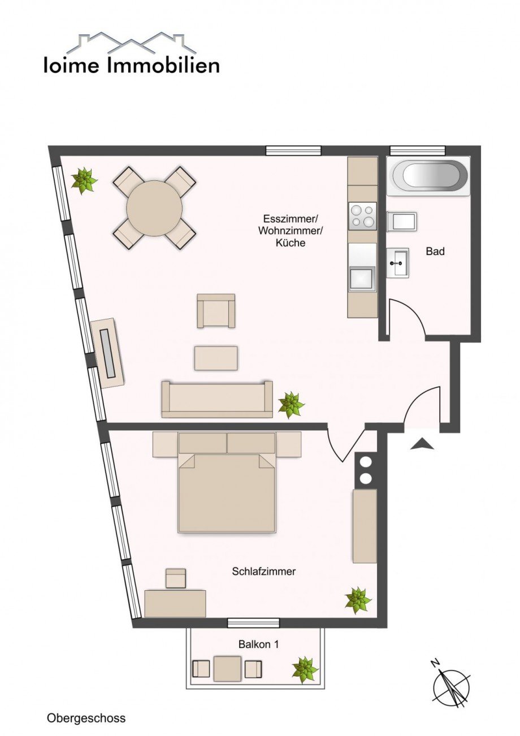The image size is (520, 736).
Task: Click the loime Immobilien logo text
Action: pos(131,65)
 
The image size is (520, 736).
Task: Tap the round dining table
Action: pos(154,208)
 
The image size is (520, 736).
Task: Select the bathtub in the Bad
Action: pos(428,175)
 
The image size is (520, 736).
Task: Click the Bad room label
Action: pos(435,252)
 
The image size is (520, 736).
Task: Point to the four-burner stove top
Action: pos(362,216)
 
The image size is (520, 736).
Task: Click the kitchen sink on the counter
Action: pos(362,278)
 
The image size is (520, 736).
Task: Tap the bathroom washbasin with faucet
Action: pos(400,263)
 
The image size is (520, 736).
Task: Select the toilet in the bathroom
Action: pos(402,221)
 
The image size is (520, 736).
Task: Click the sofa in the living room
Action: pos(217,399)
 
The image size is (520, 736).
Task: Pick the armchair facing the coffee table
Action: pos(216,310)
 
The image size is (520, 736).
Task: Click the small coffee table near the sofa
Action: pos(216,358)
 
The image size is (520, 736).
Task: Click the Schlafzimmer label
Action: pos(264,572)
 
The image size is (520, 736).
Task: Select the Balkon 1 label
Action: pos(258,644)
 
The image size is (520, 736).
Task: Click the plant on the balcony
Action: pos(305,669)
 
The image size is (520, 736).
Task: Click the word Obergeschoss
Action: pos(86,718)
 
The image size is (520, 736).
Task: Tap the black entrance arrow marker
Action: pos(422,444)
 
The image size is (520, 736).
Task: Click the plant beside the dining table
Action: pos(84,180)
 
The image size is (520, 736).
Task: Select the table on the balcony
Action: pos(228,668)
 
